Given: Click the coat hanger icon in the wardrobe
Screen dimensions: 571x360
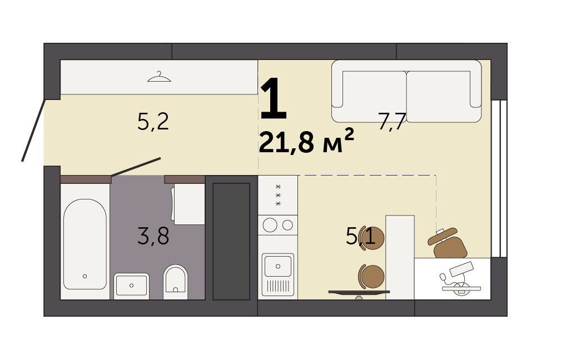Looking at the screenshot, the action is point(159,77).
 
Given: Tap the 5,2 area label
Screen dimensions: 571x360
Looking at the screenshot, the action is point(153,122).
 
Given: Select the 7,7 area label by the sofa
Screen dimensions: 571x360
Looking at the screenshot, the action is point(392,121).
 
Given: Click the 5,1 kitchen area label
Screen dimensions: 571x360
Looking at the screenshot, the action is point(360,236).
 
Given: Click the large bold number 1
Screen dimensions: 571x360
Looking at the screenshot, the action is point(274,98).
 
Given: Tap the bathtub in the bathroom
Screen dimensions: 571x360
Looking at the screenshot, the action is point(85,244).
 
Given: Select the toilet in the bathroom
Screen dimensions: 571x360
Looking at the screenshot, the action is point(175,282).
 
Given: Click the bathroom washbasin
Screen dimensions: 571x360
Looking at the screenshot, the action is point(131,286).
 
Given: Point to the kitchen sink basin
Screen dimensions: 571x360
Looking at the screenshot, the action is point(278,267).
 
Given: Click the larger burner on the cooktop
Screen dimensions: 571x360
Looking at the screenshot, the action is point(270,225).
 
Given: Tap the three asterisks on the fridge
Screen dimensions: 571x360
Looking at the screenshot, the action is point(278,195).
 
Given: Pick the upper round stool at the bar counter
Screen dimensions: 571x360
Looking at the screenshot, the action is point(371,238).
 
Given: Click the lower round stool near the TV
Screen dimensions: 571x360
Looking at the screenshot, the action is point(371,276).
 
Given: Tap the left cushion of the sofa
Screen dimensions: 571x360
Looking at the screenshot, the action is point(374,97).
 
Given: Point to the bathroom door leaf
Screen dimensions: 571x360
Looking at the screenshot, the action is point(136,167).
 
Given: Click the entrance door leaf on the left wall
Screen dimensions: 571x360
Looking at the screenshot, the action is point(33,130).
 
